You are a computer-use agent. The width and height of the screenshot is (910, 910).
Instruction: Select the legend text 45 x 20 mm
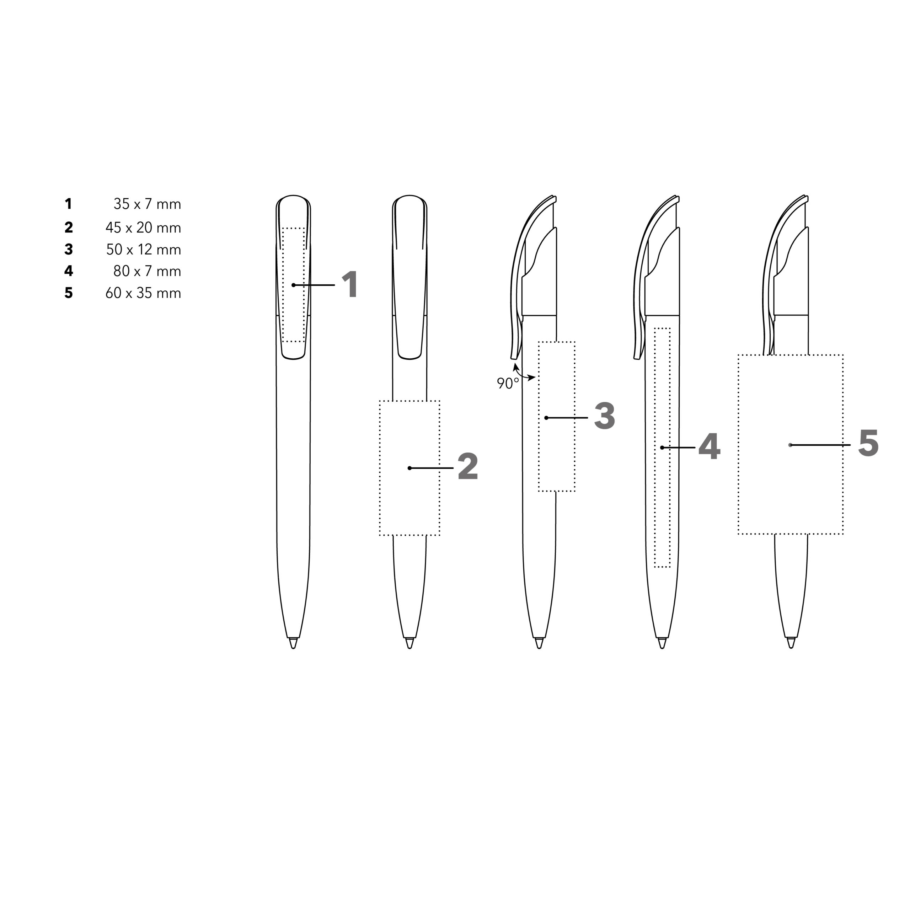143,228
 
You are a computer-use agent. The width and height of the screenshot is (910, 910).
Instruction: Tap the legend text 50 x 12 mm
144,250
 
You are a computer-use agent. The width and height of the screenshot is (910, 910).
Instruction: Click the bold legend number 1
69,204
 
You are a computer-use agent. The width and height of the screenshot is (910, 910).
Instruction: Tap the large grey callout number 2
468,467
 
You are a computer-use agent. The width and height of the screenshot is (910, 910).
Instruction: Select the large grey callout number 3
605,416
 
